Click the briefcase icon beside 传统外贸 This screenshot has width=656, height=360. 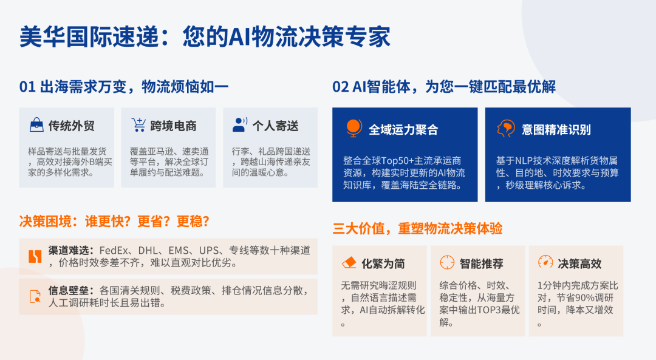[36, 124]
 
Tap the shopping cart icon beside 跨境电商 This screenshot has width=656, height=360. [138, 124]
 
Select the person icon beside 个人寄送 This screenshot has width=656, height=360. [240, 124]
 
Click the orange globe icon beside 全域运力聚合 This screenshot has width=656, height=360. [354, 128]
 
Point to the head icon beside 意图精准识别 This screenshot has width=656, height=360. [506, 128]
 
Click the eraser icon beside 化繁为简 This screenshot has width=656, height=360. [349, 263]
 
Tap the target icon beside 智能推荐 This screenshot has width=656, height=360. [447, 263]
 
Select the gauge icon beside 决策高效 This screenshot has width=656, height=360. [545, 262]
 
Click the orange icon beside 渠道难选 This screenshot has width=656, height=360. [35, 256]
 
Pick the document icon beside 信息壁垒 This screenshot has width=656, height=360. [35, 296]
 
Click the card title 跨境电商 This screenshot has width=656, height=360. [173, 126]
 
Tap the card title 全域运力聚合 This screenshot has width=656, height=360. [403, 130]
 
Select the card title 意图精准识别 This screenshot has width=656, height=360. [556, 130]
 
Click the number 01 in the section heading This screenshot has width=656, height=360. [27, 87]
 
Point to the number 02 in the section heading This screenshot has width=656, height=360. [341, 87]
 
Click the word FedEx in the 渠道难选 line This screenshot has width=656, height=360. [114, 251]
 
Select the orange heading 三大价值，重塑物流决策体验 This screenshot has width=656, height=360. [417, 228]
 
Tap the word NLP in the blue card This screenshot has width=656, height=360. [523, 160]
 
